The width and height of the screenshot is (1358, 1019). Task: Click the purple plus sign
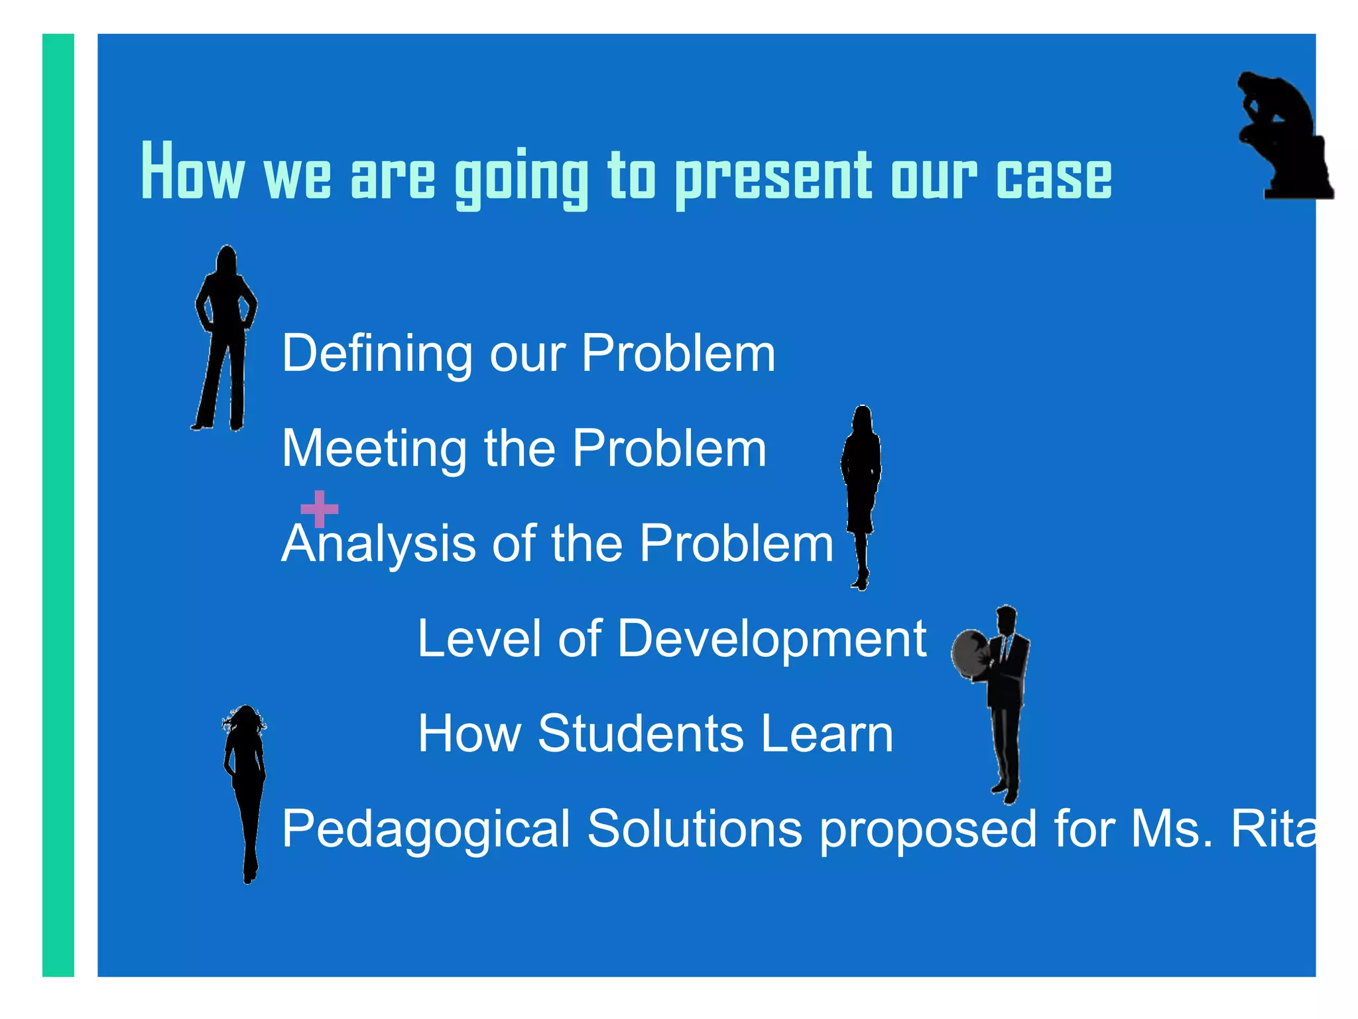[x=320, y=509]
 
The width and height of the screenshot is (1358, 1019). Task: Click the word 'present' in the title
[x=773, y=176]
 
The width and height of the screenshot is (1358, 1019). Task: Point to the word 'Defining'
[x=377, y=353]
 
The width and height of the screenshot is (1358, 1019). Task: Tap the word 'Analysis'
[x=378, y=544]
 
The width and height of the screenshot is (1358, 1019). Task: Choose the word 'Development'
[x=772, y=639]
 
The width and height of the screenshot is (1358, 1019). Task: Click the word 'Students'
[x=641, y=734]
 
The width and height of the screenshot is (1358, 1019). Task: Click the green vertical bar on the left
[x=58, y=504]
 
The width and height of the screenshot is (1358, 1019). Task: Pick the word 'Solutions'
[x=694, y=829]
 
